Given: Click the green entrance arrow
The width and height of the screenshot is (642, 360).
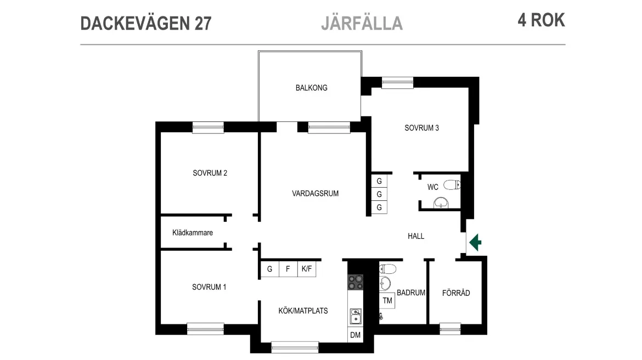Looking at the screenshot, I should (x=475, y=242).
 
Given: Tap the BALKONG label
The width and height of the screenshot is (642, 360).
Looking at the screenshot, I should (x=311, y=88).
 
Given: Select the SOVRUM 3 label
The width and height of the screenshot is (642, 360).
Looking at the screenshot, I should (x=421, y=128).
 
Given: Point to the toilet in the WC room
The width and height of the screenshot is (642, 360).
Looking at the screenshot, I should (x=452, y=184).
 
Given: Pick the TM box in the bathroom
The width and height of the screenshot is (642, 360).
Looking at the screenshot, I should (x=387, y=300).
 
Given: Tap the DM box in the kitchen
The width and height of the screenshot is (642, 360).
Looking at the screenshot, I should (x=355, y=334).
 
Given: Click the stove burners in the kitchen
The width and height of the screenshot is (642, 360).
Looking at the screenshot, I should (x=355, y=282).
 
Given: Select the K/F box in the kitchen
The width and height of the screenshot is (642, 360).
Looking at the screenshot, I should (x=306, y=269).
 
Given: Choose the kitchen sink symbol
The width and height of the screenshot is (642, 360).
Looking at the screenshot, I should (x=356, y=317).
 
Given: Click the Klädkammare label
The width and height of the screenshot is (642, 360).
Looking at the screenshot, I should (x=192, y=233).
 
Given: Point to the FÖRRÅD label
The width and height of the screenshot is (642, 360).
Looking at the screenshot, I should (x=456, y=293).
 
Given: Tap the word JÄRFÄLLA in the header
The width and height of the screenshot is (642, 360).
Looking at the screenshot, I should (x=362, y=23).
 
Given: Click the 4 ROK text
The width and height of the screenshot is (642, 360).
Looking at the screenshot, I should (x=540, y=20).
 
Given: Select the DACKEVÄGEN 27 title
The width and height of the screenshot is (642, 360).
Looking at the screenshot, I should (x=145, y=23).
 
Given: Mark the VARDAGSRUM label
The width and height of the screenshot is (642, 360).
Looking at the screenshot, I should (x=315, y=193).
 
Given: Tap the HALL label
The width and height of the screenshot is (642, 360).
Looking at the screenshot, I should (x=416, y=236).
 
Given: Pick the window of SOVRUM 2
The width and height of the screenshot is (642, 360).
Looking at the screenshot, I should (x=208, y=127).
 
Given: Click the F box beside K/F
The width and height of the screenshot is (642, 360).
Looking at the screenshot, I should (x=288, y=269).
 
